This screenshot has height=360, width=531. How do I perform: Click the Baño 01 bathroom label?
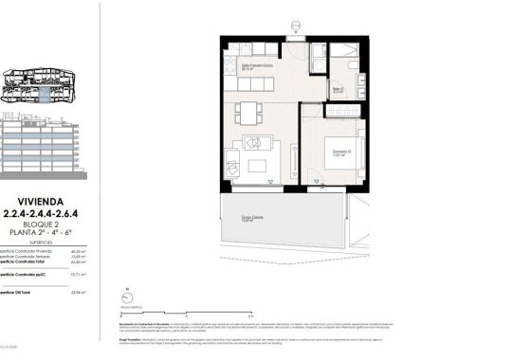pos(338,90)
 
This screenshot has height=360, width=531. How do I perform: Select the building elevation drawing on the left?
pos(38,147)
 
